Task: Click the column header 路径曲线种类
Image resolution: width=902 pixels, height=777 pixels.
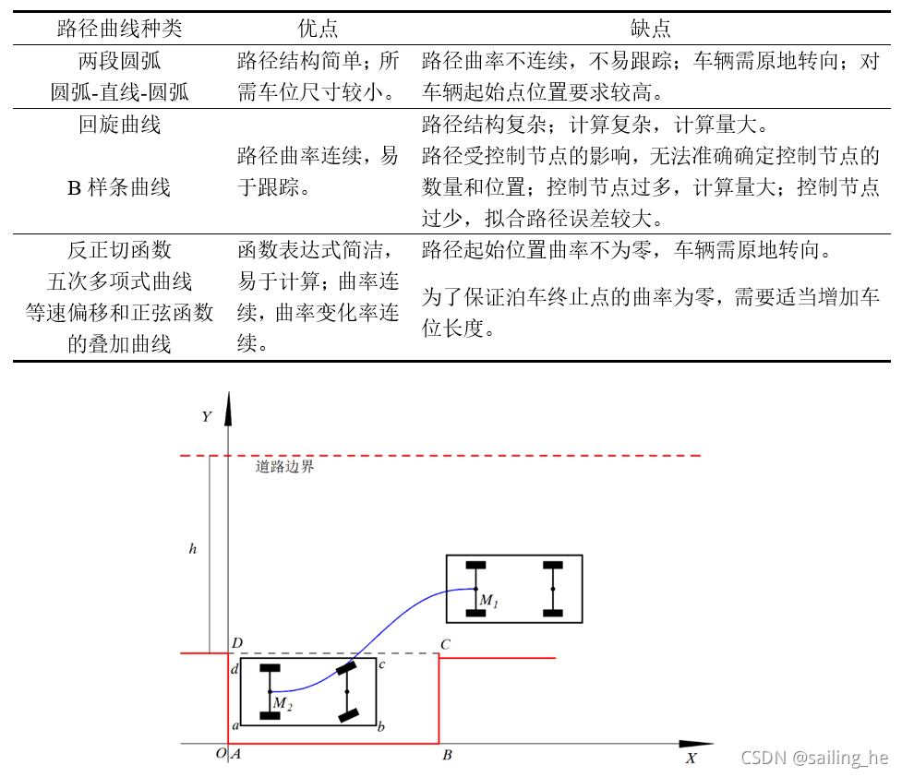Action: click(x=120, y=29)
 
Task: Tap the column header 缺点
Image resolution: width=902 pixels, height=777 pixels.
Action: click(x=650, y=29)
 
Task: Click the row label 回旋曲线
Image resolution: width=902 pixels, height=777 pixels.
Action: click(x=120, y=125)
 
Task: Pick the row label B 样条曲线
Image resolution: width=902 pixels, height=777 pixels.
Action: click(x=119, y=187)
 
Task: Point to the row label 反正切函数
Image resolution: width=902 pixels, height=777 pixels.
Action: click(x=120, y=250)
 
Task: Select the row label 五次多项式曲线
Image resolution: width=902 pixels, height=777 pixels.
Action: click(x=120, y=281)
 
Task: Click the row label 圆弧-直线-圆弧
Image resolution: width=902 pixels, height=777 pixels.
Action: click(x=120, y=92)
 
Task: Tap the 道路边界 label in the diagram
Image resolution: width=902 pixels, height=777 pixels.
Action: click(x=285, y=467)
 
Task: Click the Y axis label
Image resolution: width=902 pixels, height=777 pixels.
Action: click(x=207, y=416)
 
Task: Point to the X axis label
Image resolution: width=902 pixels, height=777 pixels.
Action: click(x=691, y=759)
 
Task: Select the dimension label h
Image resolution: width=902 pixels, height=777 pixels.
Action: click(x=193, y=548)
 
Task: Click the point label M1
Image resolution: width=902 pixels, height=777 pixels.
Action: click(x=488, y=603)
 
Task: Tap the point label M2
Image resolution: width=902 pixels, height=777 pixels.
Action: click(x=282, y=706)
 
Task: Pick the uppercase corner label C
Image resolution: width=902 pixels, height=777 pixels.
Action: click(x=445, y=644)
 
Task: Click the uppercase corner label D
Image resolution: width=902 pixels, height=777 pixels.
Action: click(x=237, y=642)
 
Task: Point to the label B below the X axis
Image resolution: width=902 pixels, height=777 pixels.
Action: click(x=447, y=756)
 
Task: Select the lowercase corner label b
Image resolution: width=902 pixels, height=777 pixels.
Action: click(x=381, y=727)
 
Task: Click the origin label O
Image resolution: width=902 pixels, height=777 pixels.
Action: click(x=221, y=754)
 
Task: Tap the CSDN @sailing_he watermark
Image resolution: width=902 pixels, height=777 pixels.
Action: click(x=814, y=758)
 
